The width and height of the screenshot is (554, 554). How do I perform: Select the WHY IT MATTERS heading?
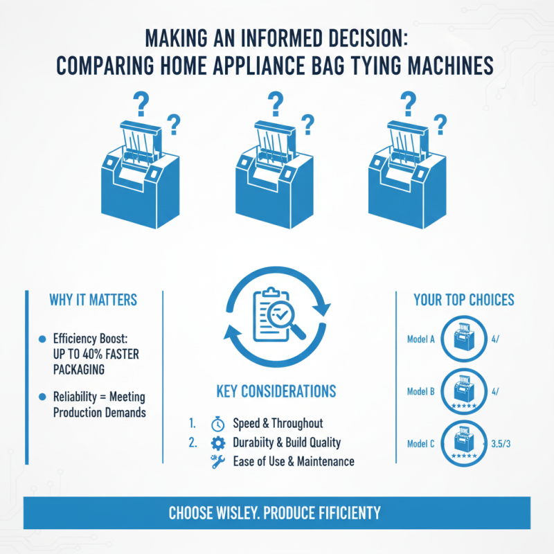pyautogui.click(x=93, y=300)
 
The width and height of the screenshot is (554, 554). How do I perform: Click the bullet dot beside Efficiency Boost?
pyautogui.click(x=42, y=339)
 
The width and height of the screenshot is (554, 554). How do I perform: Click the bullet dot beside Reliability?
pyautogui.click(x=42, y=396)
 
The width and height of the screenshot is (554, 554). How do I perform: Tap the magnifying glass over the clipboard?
pyautogui.click(x=285, y=319)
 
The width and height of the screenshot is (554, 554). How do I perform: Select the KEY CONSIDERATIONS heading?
pyautogui.click(x=276, y=391)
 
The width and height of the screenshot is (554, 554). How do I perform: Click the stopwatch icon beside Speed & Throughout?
pyautogui.click(x=217, y=424)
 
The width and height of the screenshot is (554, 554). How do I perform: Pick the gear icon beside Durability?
pyautogui.click(x=217, y=443)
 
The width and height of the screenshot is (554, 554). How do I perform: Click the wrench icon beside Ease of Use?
pyautogui.click(x=217, y=462)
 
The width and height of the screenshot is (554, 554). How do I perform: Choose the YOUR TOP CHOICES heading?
pyautogui.click(x=464, y=300)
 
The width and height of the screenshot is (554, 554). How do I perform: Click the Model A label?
pyautogui.click(x=421, y=339)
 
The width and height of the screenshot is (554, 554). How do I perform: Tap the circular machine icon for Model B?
pyautogui.click(x=464, y=391)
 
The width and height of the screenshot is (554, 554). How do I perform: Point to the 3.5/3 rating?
pyautogui.click(x=501, y=444)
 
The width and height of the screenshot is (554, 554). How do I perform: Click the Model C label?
pyautogui.click(x=421, y=444)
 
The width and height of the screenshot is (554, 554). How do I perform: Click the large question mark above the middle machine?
pyautogui.click(x=276, y=104)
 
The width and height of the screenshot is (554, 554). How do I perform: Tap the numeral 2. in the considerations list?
pyautogui.click(x=193, y=443)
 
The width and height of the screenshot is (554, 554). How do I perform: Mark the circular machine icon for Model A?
pyautogui.click(x=464, y=339)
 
